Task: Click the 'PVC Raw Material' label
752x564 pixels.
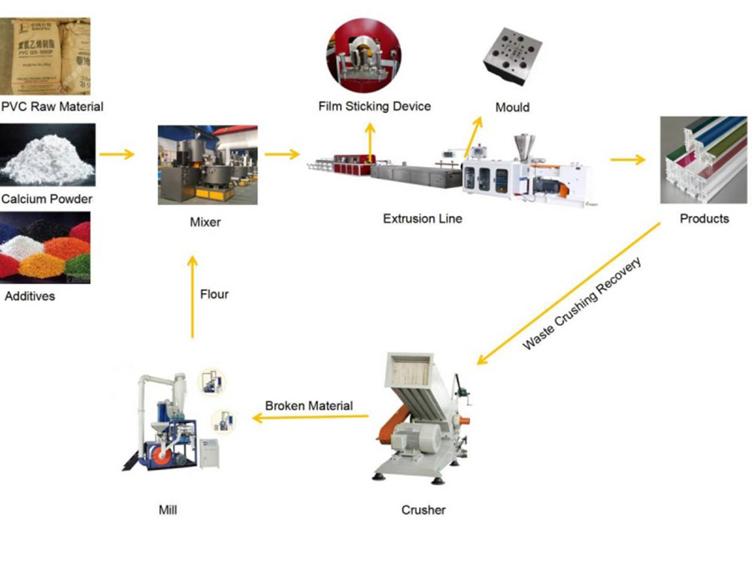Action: coord(53,107)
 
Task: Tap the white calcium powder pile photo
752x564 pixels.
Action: coord(47,154)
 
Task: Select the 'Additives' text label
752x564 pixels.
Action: coord(30,296)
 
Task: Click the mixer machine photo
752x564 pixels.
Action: coord(208,165)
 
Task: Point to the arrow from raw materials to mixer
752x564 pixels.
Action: coord(117,154)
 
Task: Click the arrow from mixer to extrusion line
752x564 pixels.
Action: coord(282,154)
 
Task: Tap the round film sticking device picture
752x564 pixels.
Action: coord(363,55)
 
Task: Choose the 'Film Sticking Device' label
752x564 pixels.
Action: coord(374,106)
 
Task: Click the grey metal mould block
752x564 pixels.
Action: coord(512,56)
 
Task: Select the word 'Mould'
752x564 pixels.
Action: coord(512,107)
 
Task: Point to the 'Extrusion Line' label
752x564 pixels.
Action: coord(423,219)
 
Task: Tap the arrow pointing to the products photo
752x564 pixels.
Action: coord(628,159)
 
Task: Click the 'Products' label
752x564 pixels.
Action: coord(704,219)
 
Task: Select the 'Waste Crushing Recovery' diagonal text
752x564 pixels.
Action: coord(582,303)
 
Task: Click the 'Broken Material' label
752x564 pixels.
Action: coord(309,406)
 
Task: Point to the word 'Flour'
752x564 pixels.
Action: coord(214,294)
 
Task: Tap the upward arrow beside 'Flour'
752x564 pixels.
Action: coord(193,297)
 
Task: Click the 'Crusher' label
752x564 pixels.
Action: coord(423,510)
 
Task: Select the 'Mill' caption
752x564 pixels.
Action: coord(168,510)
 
